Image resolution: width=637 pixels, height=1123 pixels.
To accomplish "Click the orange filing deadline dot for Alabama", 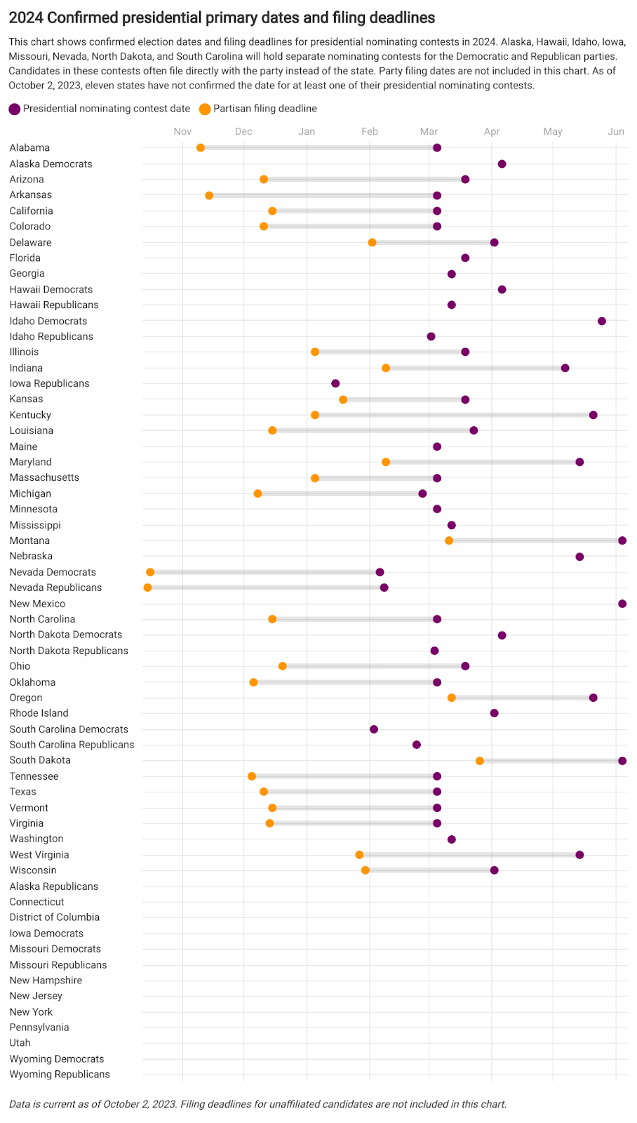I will pyautogui.click(x=201, y=148).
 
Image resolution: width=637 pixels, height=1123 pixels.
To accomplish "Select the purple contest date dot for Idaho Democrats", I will pyautogui.click(x=602, y=321).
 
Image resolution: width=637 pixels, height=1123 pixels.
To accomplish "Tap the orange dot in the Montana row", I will pyautogui.click(x=449, y=540).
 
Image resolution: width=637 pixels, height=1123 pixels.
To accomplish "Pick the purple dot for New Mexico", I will pyautogui.click(x=622, y=604).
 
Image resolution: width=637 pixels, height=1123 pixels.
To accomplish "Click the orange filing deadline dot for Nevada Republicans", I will pyautogui.click(x=147, y=587).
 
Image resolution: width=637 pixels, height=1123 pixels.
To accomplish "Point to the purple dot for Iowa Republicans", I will pyautogui.click(x=335, y=383).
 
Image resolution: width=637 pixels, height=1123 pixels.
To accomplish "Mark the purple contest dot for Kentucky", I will pyautogui.click(x=594, y=416).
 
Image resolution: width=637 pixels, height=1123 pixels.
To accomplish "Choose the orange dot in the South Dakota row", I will pyautogui.click(x=480, y=761).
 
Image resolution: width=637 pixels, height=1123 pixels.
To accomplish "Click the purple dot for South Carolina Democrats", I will pyautogui.click(x=374, y=729).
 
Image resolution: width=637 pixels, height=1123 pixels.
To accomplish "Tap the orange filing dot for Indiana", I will pyautogui.click(x=386, y=368).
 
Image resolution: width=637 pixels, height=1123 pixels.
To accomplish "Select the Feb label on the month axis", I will pyautogui.click(x=370, y=131).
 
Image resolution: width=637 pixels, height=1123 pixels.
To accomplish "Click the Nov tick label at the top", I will pyautogui.click(x=182, y=131).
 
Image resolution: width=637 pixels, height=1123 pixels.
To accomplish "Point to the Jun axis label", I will pyautogui.click(x=616, y=131).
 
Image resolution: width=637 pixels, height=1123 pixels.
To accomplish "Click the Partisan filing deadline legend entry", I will pyautogui.click(x=258, y=109).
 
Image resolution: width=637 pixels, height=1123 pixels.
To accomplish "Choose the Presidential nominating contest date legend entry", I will pyautogui.click(x=100, y=109).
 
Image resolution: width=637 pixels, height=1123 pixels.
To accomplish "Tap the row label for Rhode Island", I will pyautogui.click(x=39, y=713).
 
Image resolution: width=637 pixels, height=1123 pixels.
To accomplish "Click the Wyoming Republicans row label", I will pyautogui.click(x=60, y=1075).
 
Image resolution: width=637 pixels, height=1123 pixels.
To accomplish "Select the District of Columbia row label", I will pyautogui.click(x=55, y=917).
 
